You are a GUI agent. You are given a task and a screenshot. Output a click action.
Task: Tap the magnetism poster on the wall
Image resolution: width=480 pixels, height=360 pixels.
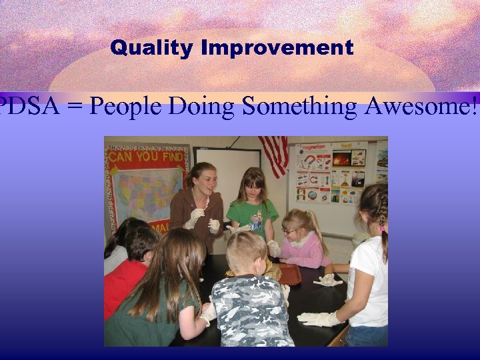pos(313,173)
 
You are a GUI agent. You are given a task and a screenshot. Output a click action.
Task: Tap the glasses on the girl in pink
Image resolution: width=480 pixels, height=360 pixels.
pos(289,231)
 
